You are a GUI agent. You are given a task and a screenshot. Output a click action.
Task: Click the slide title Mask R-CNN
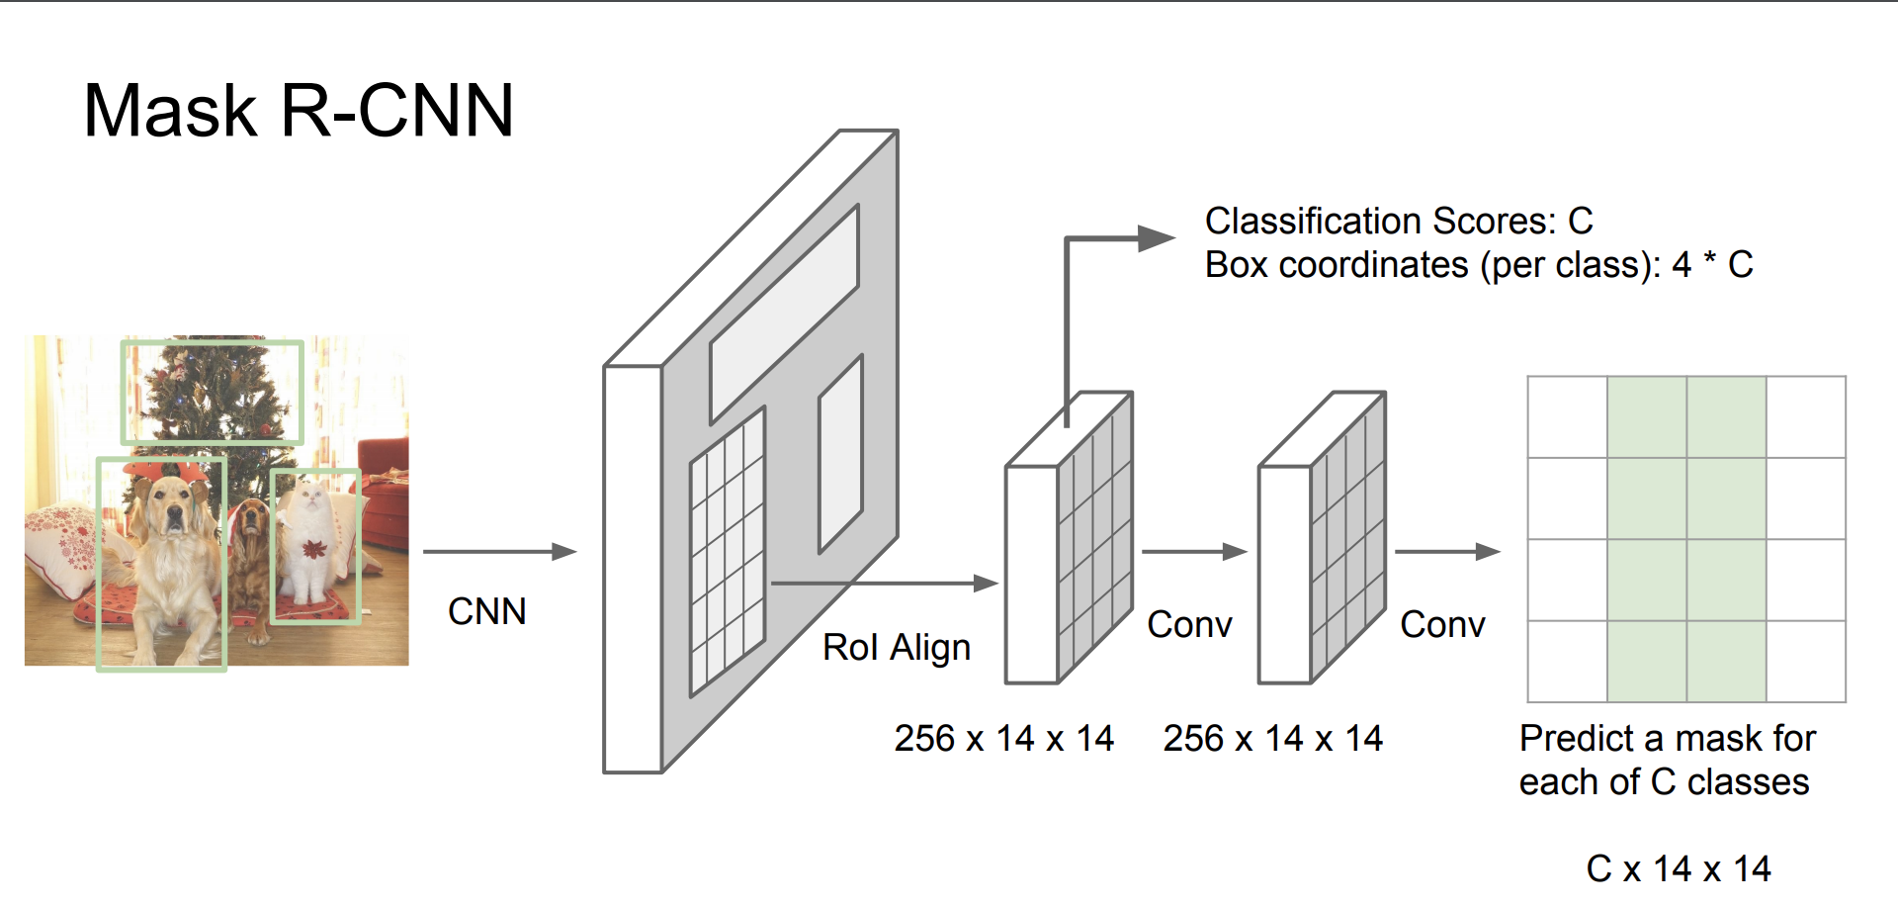pyautogui.click(x=299, y=110)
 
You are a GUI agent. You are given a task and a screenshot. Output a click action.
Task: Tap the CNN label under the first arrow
pyautogui.click(x=486, y=611)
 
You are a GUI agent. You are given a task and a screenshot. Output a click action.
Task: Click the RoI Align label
pyautogui.click(x=896, y=648)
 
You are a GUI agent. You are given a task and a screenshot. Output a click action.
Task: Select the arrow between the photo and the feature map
pyautogui.click(x=499, y=552)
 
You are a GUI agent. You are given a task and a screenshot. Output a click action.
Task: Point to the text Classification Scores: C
pyautogui.click(x=1398, y=221)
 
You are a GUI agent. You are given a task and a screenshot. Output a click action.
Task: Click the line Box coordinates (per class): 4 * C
pyautogui.click(x=1478, y=265)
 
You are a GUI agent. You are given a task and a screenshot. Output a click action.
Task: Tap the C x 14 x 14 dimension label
pyautogui.click(x=1678, y=868)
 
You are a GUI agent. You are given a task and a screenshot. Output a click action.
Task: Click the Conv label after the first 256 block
pyautogui.click(x=1189, y=625)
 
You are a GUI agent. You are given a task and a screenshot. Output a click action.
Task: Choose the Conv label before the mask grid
pyautogui.click(x=1442, y=625)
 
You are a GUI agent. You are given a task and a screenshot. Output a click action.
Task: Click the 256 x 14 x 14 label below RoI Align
pyautogui.click(x=1003, y=739)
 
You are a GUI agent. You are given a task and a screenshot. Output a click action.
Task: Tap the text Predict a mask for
pyautogui.click(x=1667, y=739)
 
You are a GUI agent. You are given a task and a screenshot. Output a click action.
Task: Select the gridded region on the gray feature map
pyautogui.click(x=728, y=552)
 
